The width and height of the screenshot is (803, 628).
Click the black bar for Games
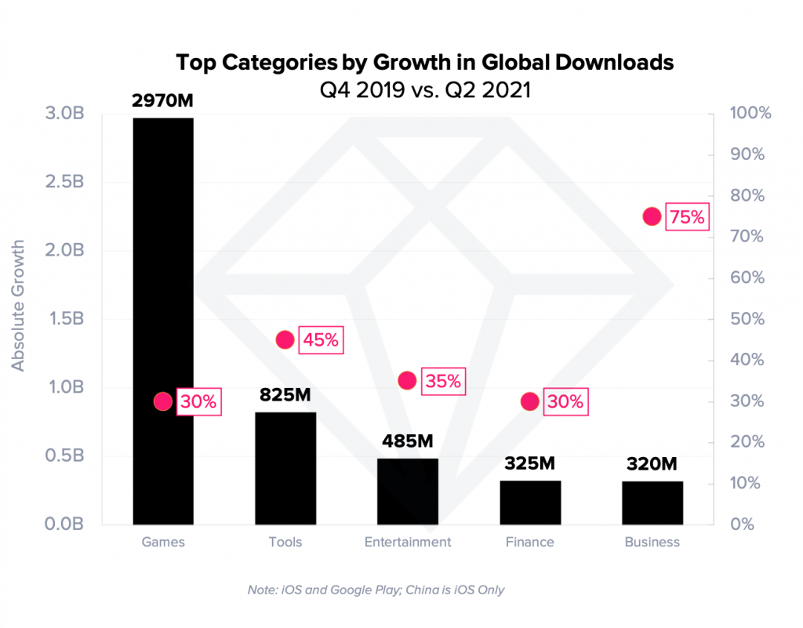pos(163,321)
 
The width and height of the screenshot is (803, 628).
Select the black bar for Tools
pos(285,468)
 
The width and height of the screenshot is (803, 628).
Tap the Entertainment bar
pos(408,492)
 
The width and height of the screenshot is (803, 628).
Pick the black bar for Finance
pos(530,503)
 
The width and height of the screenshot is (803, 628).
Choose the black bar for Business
pos(652,503)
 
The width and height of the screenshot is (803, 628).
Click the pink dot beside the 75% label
pos(652,216)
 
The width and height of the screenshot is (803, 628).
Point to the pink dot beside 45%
pos(285,339)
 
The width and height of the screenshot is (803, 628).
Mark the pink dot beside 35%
pos(407,381)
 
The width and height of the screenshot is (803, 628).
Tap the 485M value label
pos(408,441)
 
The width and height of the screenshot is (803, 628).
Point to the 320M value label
pos(652,464)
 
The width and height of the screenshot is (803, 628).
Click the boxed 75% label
pos(687,217)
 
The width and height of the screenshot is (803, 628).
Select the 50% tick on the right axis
pos(748,319)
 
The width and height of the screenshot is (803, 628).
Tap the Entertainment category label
pos(408,542)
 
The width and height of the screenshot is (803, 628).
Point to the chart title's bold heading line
pos(425,63)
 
